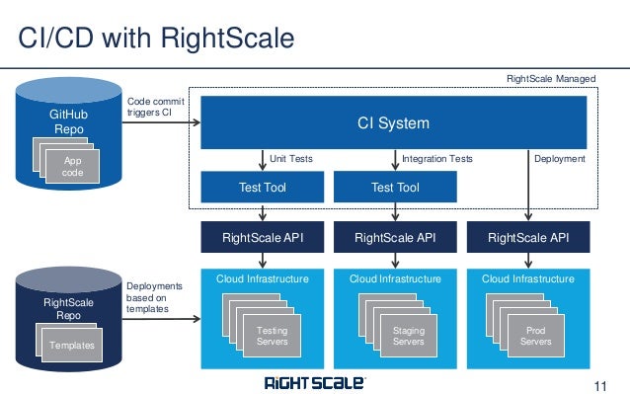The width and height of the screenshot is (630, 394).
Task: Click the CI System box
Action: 393,123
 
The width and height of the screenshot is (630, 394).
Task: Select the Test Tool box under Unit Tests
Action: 262,188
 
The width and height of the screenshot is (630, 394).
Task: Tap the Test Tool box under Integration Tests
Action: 395,188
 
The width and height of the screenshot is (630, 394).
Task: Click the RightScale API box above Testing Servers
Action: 262,237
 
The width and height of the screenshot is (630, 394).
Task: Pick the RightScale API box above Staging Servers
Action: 395,237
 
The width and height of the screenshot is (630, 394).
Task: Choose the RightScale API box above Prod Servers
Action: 528,237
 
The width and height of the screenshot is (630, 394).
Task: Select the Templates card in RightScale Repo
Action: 72,345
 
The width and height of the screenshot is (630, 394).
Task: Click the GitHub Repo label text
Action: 68,122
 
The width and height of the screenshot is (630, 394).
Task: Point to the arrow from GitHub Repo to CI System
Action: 163,123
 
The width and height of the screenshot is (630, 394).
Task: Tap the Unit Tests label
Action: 292,158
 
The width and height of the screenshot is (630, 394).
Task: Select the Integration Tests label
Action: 437,158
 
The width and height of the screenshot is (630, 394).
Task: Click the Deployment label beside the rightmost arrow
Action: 559,158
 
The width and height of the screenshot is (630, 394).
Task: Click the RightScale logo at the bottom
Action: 314,382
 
